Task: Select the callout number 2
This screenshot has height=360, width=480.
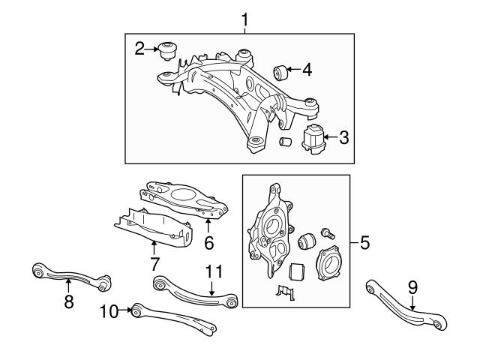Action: (139, 50)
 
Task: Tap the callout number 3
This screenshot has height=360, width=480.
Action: (343, 137)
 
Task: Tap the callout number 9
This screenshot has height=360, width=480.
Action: (412, 285)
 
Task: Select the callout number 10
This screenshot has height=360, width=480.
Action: (109, 310)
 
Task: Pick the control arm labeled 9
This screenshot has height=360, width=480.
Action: (405, 308)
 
